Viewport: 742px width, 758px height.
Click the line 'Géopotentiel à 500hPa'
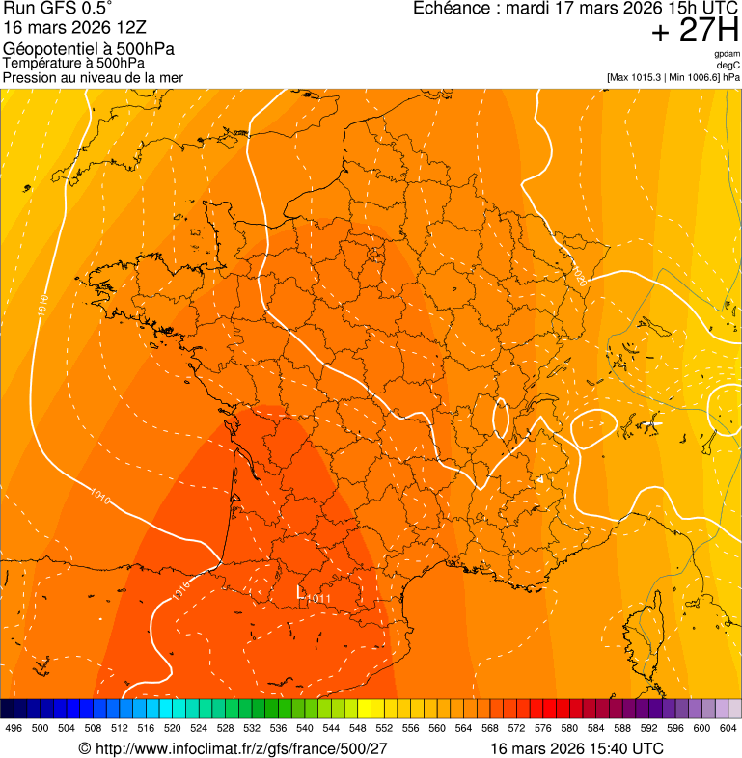coord(89,49)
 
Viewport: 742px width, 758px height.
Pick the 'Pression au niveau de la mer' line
coord(93,77)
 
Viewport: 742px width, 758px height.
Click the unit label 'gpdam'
coord(727,54)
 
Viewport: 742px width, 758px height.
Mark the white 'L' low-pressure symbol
coord(300,591)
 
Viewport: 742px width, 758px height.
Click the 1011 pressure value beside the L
coord(317,599)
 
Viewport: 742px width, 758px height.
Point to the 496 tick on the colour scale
coord(14,728)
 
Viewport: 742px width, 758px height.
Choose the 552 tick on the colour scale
coord(384,728)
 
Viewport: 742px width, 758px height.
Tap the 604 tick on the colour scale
coord(728,728)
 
